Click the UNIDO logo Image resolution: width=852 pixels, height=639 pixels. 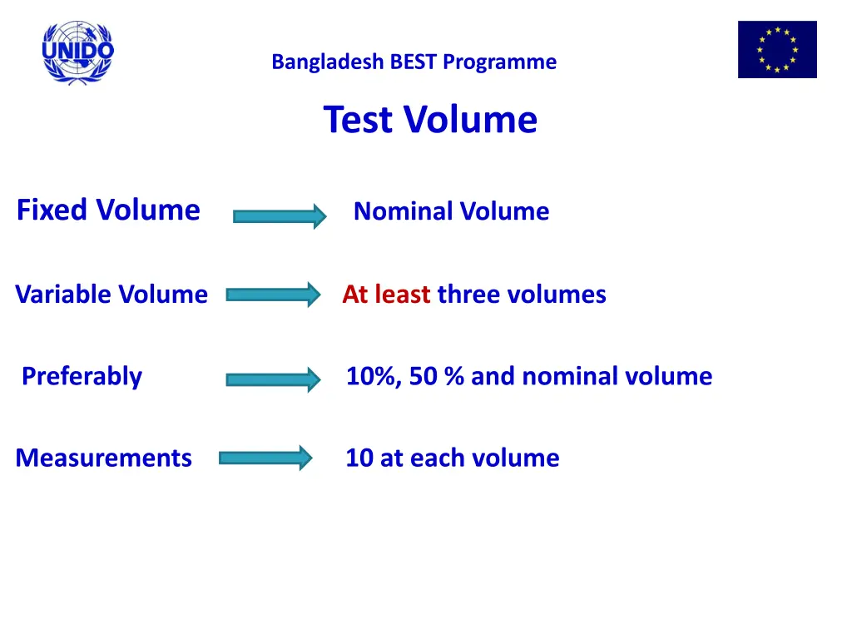click(78, 52)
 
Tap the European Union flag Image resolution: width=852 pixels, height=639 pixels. click(777, 50)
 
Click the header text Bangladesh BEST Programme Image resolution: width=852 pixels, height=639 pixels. click(414, 62)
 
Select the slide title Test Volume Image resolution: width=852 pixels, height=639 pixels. click(430, 119)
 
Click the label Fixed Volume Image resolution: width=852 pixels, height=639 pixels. click(108, 210)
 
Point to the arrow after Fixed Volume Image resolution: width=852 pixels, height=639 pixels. click(280, 216)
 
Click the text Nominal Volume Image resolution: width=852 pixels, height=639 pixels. click(451, 211)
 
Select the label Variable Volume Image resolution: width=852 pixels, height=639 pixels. click(111, 295)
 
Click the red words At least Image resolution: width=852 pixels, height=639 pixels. click(386, 295)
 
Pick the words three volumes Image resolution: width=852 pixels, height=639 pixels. click(522, 295)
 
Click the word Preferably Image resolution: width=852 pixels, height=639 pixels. click(82, 377)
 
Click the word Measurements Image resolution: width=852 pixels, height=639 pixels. click(103, 458)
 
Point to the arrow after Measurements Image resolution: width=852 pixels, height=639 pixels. click(265, 458)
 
